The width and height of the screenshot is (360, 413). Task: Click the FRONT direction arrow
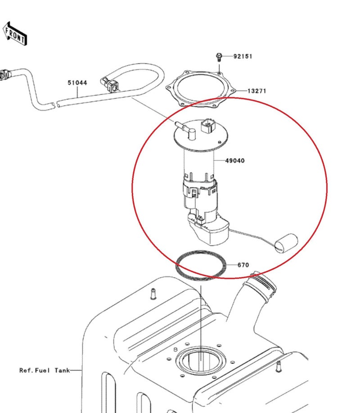[15, 34]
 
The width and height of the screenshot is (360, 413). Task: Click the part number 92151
[243, 57]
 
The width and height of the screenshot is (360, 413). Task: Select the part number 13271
[256, 91]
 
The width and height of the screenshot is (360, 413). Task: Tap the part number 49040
[235, 161]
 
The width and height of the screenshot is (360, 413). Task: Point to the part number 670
[243, 265]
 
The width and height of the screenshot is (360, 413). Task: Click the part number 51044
[77, 83]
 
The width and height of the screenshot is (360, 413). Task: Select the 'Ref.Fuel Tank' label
[45, 370]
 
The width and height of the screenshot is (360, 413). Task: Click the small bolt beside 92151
[219, 57]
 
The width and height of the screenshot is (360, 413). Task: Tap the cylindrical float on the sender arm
[286, 243]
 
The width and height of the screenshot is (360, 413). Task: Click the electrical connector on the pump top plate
[208, 127]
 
